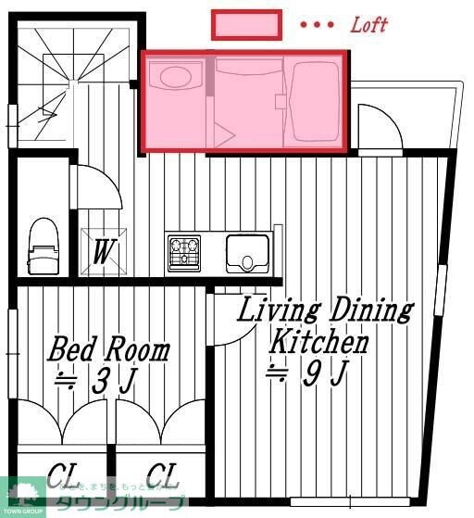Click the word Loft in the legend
click(x=368, y=25)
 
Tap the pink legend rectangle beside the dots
click(x=246, y=25)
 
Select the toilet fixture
click(x=43, y=246)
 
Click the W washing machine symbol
click(x=102, y=252)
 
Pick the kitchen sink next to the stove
click(x=247, y=252)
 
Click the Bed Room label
click(x=109, y=350)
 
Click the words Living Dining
click(x=324, y=310)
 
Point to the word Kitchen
click(x=318, y=342)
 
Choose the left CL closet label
click(x=62, y=475)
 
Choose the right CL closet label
click(x=161, y=475)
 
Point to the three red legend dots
click(x=317, y=26)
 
